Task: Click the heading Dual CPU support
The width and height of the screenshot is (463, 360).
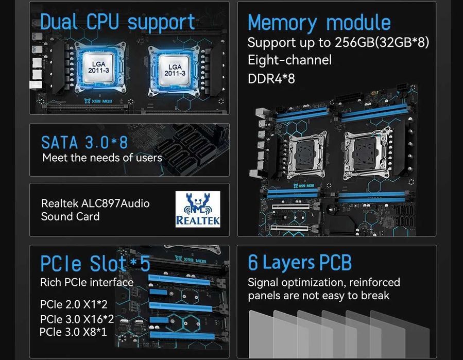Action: coord(117,22)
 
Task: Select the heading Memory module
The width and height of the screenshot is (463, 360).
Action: coord(319,23)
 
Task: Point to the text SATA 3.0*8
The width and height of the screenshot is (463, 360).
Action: coord(84,143)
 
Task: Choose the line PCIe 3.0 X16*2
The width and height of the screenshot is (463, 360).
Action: coord(77,318)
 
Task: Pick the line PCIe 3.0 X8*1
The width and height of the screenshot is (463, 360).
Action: coord(73,332)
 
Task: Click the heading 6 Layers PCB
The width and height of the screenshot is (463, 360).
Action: coord(300,262)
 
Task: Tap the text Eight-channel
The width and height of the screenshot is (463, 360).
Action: coord(289,60)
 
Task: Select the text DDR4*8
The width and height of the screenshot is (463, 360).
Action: coord(271,79)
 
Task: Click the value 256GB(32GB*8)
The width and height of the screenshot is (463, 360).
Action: coord(382,42)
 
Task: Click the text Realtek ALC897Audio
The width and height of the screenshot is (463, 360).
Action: coord(95,203)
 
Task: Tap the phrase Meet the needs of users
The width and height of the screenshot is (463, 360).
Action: coord(102,158)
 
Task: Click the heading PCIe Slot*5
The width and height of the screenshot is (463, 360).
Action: coord(95,263)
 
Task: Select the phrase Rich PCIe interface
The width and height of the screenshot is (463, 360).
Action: coord(87,282)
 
